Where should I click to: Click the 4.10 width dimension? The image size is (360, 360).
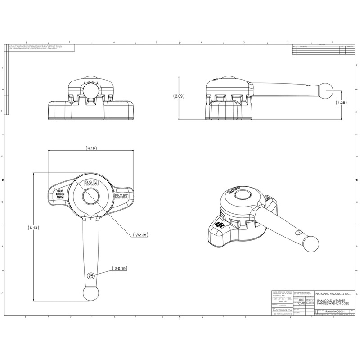tap(89, 148)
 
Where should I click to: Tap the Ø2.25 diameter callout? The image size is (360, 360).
tap(140, 234)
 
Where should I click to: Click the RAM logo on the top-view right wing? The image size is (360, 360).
tap(122, 197)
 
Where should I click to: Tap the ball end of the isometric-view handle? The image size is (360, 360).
tap(310, 245)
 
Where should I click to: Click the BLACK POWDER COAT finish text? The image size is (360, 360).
tap(282, 310)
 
